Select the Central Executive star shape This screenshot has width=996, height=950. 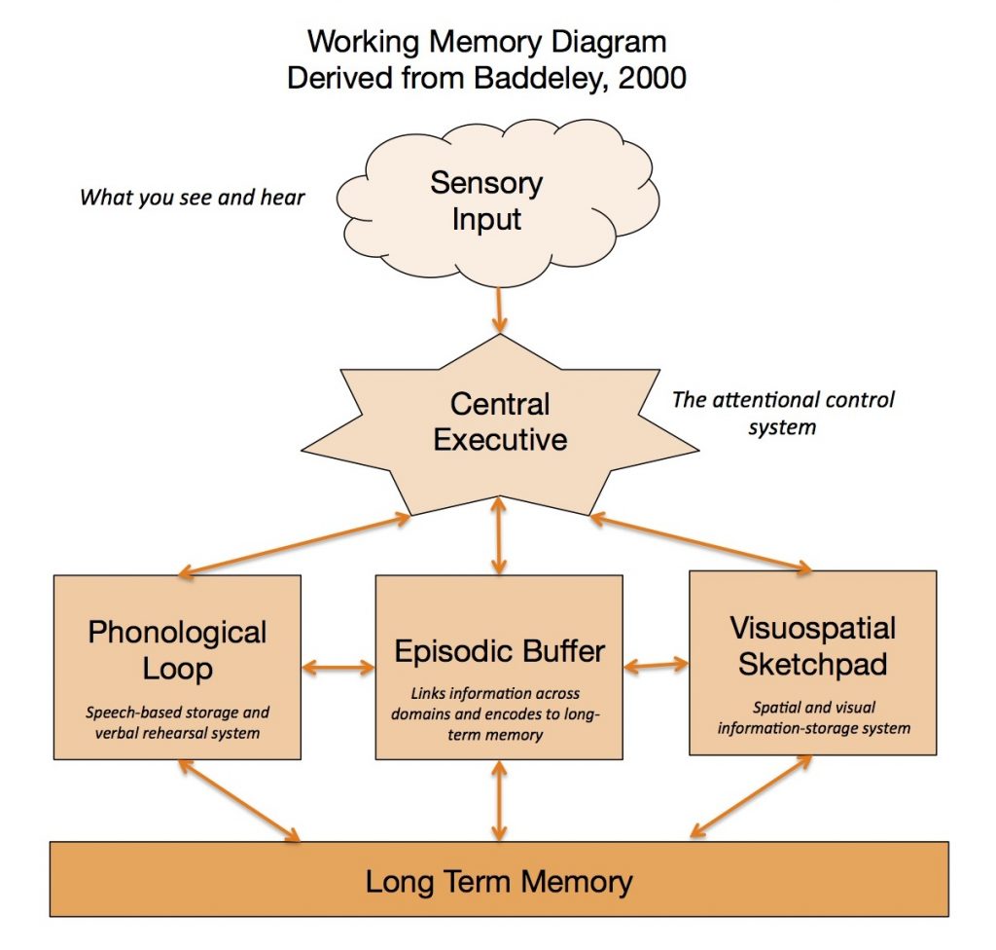click(x=499, y=422)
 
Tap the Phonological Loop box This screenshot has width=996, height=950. click(x=177, y=667)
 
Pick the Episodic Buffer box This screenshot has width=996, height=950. click(x=499, y=667)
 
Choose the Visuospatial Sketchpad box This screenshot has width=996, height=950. click(x=812, y=662)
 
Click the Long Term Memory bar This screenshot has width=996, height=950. click(x=499, y=882)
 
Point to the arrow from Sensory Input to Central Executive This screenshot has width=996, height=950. click(x=499, y=311)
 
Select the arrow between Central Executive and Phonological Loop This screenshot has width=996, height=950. click(x=292, y=547)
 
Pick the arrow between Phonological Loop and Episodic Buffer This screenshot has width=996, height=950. click(x=338, y=668)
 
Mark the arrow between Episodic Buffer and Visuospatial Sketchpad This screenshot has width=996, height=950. click(x=656, y=667)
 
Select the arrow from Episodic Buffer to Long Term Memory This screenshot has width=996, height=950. click(x=499, y=801)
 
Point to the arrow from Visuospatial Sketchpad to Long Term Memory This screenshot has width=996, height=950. click(x=751, y=795)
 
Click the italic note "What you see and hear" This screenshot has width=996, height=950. click(x=193, y=198)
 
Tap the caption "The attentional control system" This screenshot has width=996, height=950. click(x=783, y=412)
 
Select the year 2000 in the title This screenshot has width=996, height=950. click(x=653, y=78)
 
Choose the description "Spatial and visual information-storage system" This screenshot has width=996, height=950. click(x=812, y=718)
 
